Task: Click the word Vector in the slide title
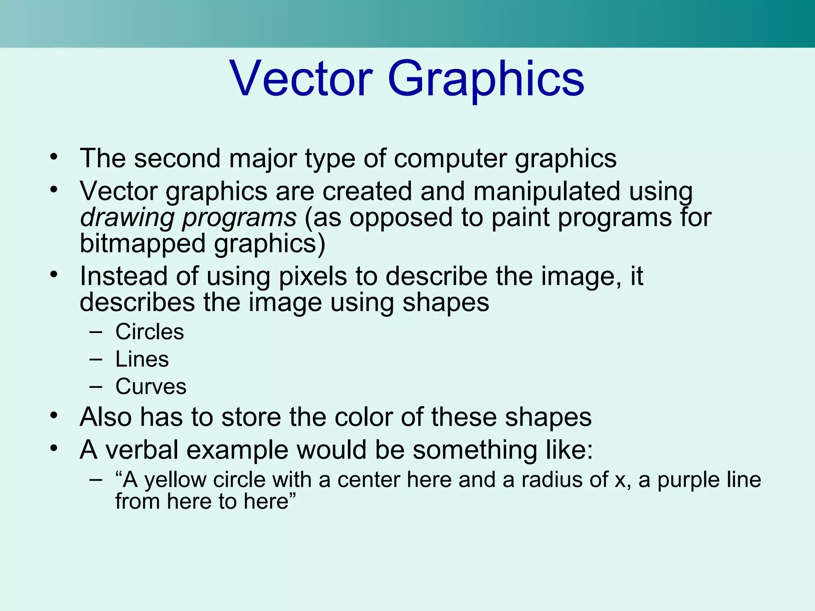(x=301, y=78)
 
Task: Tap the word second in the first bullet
(x=177, y=158)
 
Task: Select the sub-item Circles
(x=150, y=332)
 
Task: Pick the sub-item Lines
(x=142, y=359)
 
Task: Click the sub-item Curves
(x=151, y=387)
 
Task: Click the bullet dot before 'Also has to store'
(x=54, y=416)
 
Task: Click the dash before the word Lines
(x=96, y=360)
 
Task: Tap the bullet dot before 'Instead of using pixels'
(x=54, y=274)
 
